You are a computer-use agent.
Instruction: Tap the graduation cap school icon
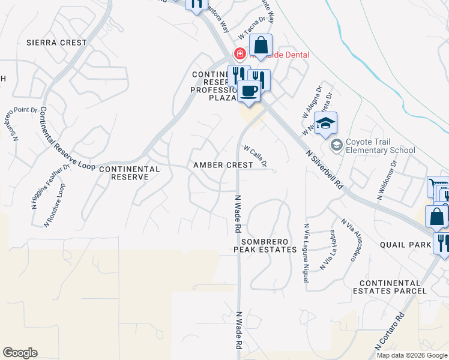pos(325,124)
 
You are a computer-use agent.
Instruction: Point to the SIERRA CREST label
pos(56,43)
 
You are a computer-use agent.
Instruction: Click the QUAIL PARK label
pos(406,245)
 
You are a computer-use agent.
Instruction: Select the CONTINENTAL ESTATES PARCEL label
pos(393,287)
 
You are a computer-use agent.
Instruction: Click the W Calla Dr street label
pos(255,155)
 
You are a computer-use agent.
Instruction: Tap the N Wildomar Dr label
pos(387,179)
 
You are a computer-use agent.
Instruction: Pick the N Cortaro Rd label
pos(389,331)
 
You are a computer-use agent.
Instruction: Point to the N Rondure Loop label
pos(54,205)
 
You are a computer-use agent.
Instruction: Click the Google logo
pos(20,353)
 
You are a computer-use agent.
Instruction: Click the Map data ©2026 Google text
pos(412,355)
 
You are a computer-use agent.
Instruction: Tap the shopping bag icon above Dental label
pos(261,44)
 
